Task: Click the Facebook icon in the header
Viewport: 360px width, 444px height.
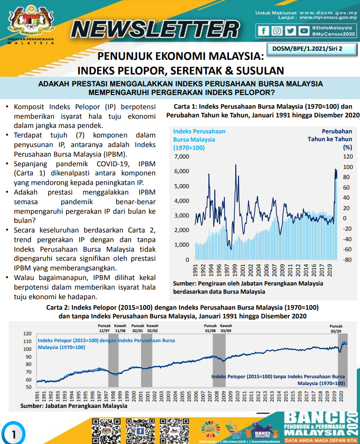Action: tap(264, 31)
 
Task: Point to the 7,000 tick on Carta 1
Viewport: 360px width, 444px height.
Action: tap(182, 157)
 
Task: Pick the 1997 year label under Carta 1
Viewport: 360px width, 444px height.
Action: tap(227, 271)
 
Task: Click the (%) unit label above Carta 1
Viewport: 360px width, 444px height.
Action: tap(348, 148)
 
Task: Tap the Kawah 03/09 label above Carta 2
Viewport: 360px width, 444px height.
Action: tap(226, 328)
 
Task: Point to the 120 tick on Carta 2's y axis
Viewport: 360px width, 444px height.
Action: tap(27, 334)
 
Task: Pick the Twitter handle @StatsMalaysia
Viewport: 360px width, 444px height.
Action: tap(334, 28)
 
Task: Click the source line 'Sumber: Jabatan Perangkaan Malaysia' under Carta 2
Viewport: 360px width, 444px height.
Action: tap(74, 405)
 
